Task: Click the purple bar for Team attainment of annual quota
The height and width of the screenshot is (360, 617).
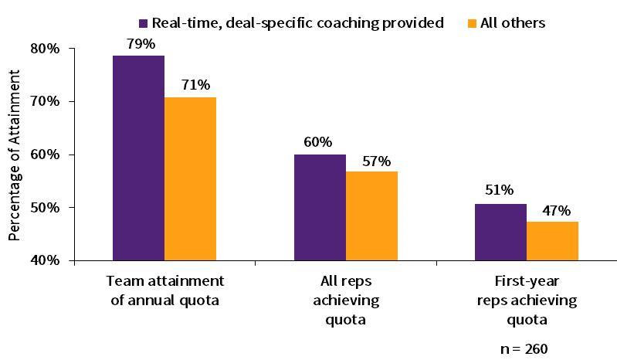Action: (138, 158)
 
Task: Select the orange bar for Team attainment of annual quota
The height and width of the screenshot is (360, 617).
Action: (190, 179)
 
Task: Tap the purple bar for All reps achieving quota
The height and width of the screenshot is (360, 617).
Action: (320, 207)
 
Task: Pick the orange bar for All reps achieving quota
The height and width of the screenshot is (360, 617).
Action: (371, 216)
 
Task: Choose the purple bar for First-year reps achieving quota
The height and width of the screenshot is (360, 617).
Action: (500, 232)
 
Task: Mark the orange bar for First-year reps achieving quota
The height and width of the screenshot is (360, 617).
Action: (552, 241)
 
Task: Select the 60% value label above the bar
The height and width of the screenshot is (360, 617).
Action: (318, 141)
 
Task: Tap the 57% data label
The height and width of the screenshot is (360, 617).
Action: (372, 160)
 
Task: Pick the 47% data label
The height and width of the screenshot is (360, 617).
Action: (554, 210)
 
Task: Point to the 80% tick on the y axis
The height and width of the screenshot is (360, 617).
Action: (45, 48)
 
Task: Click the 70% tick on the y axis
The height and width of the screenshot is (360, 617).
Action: (45, 101)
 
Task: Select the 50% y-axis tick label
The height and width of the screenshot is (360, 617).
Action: (45, 207)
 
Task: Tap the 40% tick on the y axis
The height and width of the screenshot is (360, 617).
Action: (45, 260)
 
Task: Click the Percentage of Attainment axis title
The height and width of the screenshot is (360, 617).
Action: (14, 155)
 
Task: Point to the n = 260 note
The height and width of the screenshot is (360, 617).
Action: (524, 349)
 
